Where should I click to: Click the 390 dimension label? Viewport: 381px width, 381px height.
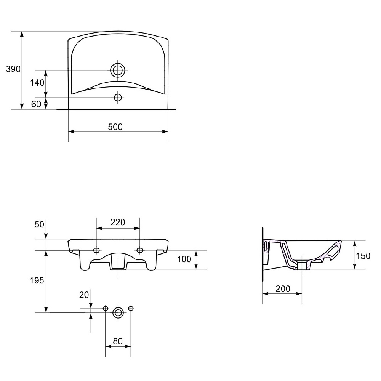tap(13, 69)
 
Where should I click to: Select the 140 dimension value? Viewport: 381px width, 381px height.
tap(37, 83)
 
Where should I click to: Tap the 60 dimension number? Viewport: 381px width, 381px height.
tap(36, 104)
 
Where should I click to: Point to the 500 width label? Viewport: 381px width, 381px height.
tap(115, 127)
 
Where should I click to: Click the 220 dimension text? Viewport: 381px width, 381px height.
tap(118, 222)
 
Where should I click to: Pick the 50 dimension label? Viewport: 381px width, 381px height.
tap(39, 224)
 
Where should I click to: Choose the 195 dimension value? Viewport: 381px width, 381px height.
tap(37, 281)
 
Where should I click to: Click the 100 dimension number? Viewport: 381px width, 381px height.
tap(184, 259)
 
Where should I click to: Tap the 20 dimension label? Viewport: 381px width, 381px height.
tap(84, 295)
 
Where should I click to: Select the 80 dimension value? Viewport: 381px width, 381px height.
tap(118, 341)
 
